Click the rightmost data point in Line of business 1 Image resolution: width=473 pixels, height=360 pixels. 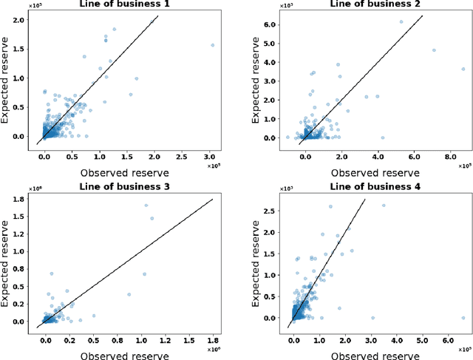(213, 44)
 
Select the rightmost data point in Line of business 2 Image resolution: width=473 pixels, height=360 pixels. (463, 69)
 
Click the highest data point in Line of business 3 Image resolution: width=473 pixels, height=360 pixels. (146, 206)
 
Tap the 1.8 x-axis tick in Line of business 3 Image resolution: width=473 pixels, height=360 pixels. (213, 339)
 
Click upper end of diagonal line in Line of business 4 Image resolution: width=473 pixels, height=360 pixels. (365, 200)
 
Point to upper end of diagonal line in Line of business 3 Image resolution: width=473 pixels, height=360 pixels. (213, 199)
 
